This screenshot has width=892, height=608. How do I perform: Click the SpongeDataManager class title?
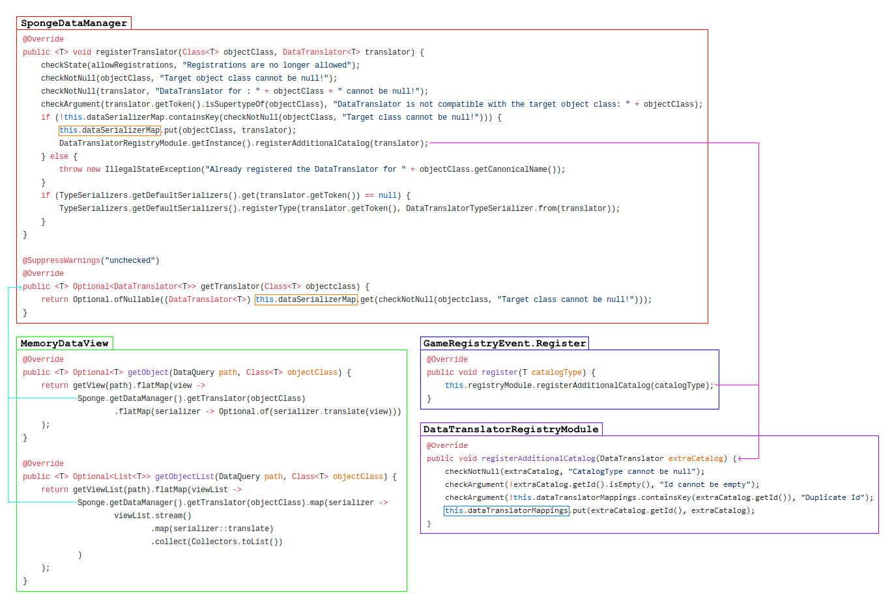[x=74, y=23]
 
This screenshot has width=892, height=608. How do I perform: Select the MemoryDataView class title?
[x=65, y=344]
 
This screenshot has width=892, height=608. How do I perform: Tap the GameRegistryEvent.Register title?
[x=504, y=344]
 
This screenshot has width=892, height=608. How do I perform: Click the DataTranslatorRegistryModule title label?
[x=511, y=430]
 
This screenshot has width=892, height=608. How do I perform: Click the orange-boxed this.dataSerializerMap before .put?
[x=109, y=130]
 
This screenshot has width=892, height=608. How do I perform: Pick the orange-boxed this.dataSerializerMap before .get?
[x=306, y=299]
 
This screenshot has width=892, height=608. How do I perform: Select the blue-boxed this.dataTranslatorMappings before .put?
[x=506, y=510]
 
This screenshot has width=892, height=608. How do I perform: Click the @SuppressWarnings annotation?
[x=61, y=260]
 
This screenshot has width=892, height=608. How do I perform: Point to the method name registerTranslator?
[x=137, y=52]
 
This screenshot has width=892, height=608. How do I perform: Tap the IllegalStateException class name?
[x=153, y=169]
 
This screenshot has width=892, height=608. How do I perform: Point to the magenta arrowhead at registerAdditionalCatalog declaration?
[x=740, y=459]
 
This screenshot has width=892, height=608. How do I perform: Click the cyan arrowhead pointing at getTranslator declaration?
[x=20, y=287]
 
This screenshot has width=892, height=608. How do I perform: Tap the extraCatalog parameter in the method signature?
[x=695, y=459]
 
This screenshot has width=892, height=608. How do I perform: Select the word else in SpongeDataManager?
[x=59, y=157]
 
